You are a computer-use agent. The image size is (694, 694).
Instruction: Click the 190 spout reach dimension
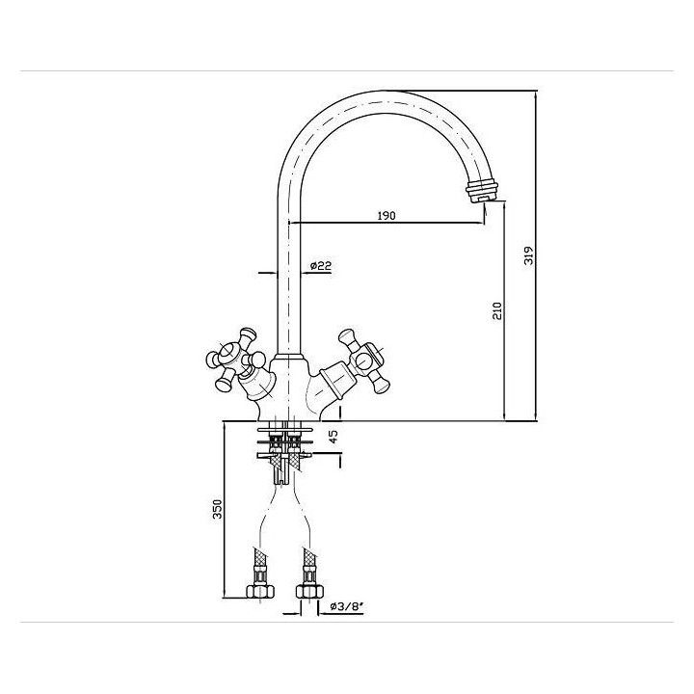[x=387, y=216]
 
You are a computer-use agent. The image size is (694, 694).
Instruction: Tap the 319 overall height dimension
[x=529, y=255]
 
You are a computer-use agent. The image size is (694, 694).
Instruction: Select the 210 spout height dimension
[x=497, y=310]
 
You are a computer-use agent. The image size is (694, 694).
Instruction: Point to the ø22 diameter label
[x=321, y=266]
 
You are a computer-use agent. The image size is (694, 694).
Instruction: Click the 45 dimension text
[x=334, y=437]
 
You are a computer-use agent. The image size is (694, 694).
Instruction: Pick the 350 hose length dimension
[x=218, y=509]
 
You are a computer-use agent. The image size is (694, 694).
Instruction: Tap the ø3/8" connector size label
[x=347, y=606]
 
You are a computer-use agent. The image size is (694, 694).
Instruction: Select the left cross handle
[x=233, y=360]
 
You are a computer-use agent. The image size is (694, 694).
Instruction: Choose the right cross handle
[x=364, y=360]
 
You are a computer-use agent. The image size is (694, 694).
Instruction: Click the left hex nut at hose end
[x=260, y=591]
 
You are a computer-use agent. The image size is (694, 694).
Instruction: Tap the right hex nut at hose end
[x=309, y=591]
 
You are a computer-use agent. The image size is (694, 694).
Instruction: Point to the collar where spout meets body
[x=288, y=358]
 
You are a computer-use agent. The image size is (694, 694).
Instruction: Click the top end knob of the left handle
[x=247, y=334]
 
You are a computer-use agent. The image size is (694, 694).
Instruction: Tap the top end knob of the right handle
[x=347, y=335]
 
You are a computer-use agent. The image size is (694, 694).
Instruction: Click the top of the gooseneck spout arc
[x=383, y=92]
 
